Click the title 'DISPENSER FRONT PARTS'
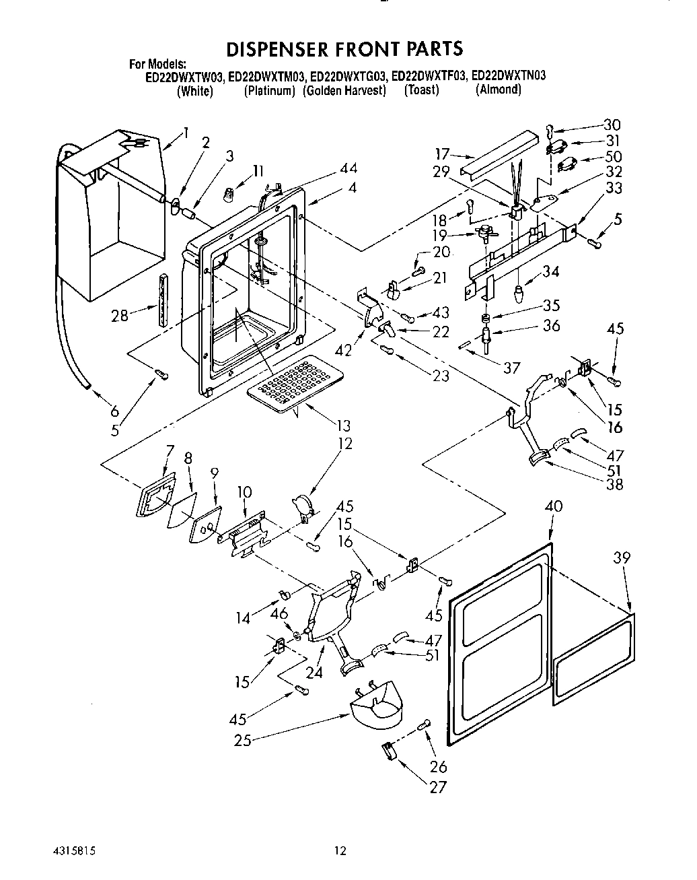344,48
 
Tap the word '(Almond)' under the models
498,90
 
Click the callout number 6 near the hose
114,411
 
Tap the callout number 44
348,168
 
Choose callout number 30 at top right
612,125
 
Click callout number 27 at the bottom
438,786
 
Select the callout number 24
314,671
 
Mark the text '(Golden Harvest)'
344,90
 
